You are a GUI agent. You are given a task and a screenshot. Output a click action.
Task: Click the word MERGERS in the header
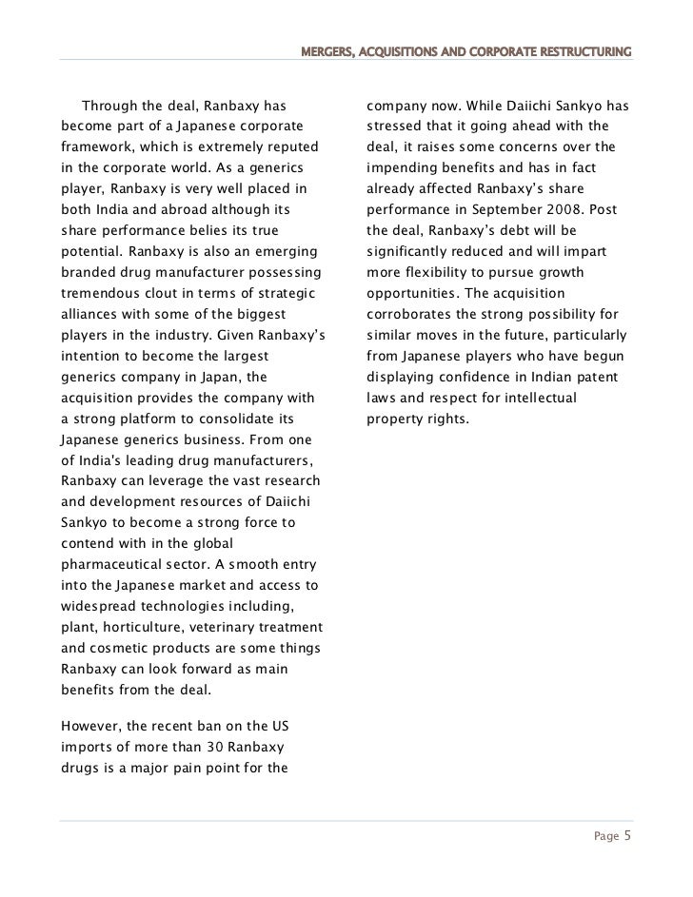tap(328, 50)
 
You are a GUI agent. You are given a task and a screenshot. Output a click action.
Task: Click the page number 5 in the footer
tap(627, 836)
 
